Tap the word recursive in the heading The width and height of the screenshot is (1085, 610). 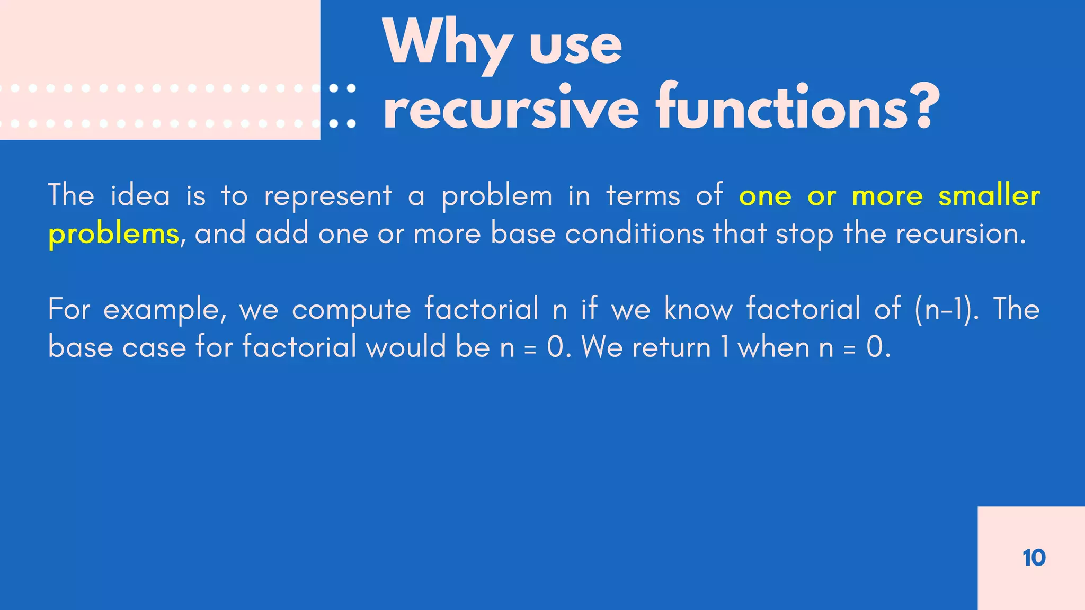511,109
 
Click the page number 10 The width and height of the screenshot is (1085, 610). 1034,558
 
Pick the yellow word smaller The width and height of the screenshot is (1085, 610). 989,195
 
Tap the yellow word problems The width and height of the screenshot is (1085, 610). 113,234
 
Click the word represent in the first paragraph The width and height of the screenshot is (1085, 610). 328,196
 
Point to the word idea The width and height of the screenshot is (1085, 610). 140,195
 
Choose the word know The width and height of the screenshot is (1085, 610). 698,309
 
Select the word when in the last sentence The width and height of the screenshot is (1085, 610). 773,348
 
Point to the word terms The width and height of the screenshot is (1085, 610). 643,195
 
